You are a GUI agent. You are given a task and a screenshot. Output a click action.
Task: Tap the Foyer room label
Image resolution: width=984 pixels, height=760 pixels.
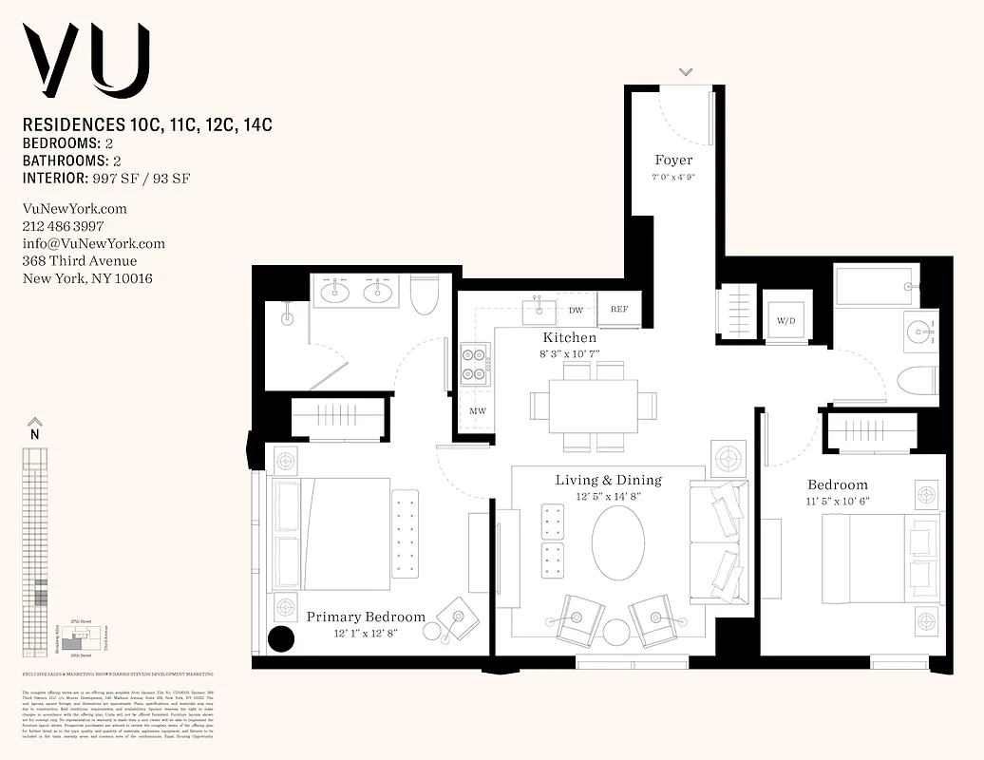(x=672, y=161)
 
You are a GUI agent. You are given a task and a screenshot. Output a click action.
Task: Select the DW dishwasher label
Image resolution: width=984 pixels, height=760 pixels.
(x=576, y=310)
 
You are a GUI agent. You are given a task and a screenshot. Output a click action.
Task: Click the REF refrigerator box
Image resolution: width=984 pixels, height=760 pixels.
(x=619, y=310)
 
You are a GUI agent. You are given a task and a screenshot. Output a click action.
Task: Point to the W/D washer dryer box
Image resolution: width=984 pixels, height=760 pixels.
(x=786, y=321)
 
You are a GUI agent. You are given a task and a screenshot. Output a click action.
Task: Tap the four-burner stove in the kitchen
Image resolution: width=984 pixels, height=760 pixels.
(x=475, y=363)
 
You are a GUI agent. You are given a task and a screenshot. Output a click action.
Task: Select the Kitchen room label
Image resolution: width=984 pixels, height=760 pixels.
(x=570, y=338)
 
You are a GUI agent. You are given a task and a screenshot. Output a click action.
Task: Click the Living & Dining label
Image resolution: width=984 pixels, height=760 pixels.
(x=608, y=480)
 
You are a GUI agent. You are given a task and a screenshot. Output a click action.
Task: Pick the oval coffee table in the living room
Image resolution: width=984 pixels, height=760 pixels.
(x=618, y=543)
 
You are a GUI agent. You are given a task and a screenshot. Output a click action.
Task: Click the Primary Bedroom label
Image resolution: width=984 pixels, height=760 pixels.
(x=366, y=617)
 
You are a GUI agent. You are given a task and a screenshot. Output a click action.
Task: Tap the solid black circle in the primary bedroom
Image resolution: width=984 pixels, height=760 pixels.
(x=281, y=639)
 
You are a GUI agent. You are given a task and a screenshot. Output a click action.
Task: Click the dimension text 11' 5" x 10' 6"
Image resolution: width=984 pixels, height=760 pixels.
(x=838, y=501)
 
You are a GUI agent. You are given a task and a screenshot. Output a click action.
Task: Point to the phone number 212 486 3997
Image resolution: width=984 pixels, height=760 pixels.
(x=63, y=226)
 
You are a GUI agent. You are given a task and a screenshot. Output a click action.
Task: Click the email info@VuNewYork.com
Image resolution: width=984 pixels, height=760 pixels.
(x=93, y=243)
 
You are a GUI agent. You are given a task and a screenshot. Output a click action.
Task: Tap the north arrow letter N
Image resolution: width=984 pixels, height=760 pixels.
(x=34, y=434)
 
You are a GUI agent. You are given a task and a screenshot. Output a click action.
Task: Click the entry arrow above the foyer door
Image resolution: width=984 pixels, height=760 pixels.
(x=686, y=72)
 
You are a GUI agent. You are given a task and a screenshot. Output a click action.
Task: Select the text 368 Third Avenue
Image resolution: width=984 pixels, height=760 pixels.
(x=79, y=261)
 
